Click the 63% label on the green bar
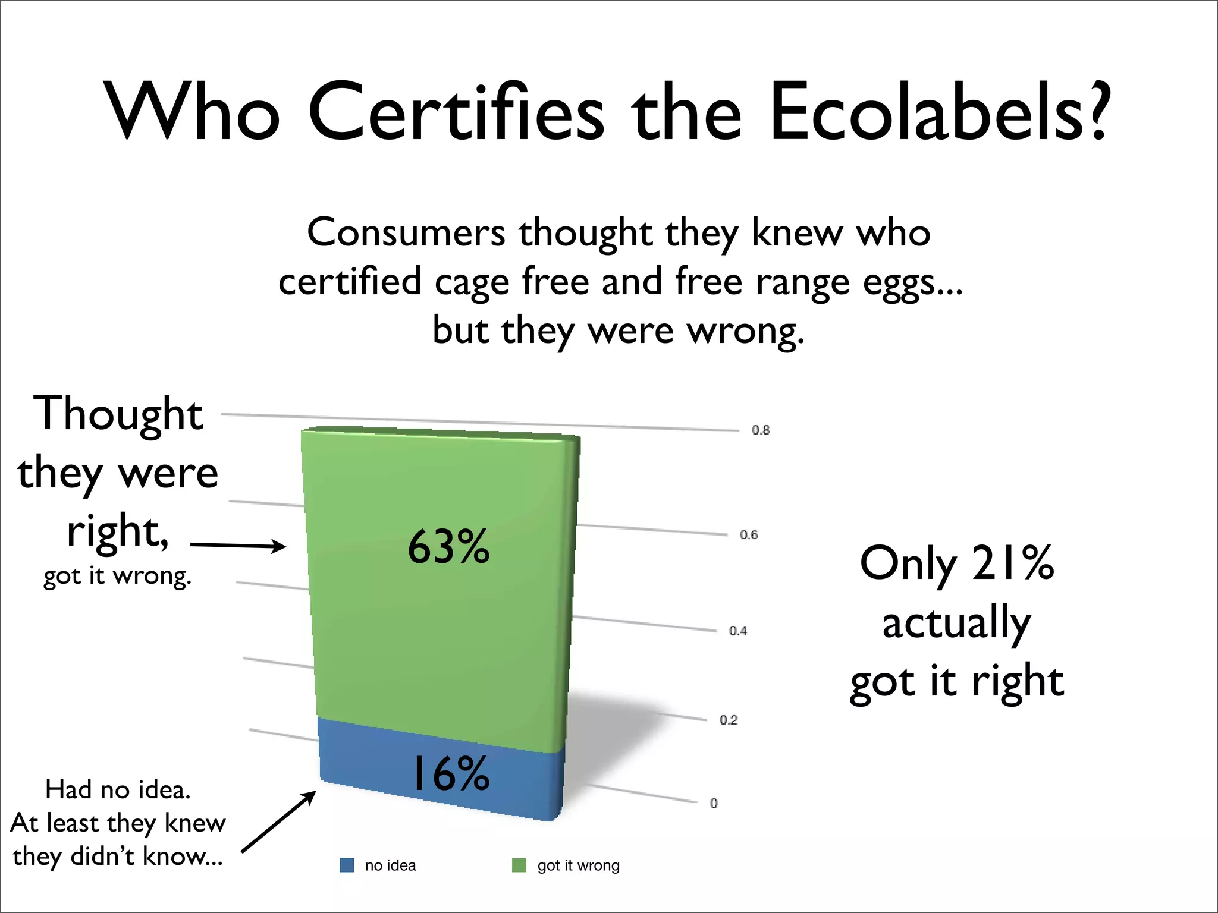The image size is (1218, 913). click(x=448, y=546)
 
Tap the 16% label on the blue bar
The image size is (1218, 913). click(x=451, y=773)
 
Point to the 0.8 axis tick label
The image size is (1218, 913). click(x=760, y=430)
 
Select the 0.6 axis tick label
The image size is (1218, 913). click(x=749, y=534)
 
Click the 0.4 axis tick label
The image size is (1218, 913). click(x=738, y=631)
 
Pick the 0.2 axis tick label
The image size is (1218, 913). click(x=729, y=720)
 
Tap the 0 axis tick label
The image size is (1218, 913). click(x=714, y=803)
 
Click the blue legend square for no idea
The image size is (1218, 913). click(x=347, y=865)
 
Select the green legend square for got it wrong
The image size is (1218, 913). click(x=519, y=865)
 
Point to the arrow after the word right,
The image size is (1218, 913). click(x=238, y=545)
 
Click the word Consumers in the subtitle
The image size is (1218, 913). click(x=406, y=232)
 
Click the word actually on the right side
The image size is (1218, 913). click(x=956, y=623)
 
